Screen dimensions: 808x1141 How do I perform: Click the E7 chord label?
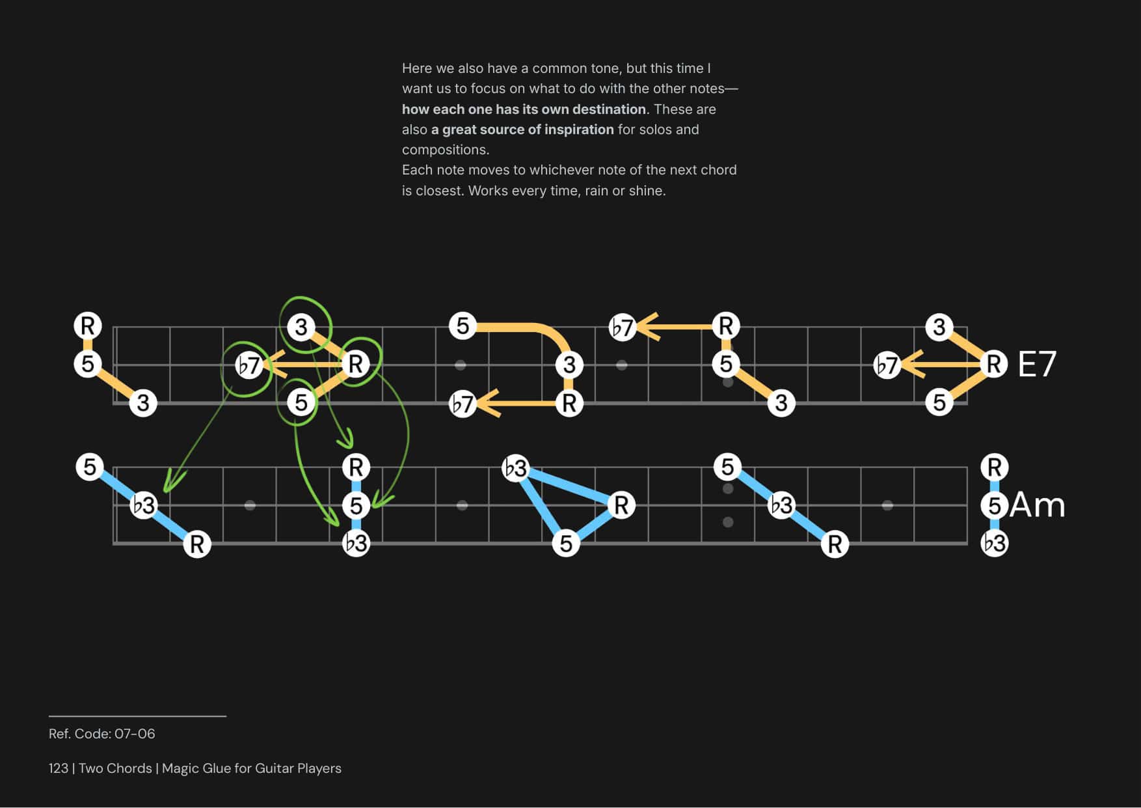point(1036,364)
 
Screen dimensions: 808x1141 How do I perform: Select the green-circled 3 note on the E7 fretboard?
point(301,327)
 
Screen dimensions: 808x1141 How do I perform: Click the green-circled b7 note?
point(248,365)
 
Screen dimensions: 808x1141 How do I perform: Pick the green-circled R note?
point(355,364)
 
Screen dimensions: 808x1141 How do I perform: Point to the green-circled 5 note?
point(301,402)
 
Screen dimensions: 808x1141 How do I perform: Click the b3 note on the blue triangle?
point(515,468)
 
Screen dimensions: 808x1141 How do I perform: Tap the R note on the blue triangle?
point(621,505)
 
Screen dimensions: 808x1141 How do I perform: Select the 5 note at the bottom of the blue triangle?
point(566,543)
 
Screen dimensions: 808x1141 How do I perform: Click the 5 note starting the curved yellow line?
point(463,326)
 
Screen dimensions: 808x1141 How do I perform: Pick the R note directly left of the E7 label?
point(993,364)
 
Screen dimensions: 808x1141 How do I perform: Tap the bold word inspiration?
point(579,130)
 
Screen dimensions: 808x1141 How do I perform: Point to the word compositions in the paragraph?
point(445,150)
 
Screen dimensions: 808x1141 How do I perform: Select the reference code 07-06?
point(135,734)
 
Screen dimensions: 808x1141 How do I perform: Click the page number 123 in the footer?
point(59,768)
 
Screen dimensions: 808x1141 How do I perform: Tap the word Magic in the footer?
point(180,768)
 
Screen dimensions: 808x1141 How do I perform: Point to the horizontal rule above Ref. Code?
point(137,716)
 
